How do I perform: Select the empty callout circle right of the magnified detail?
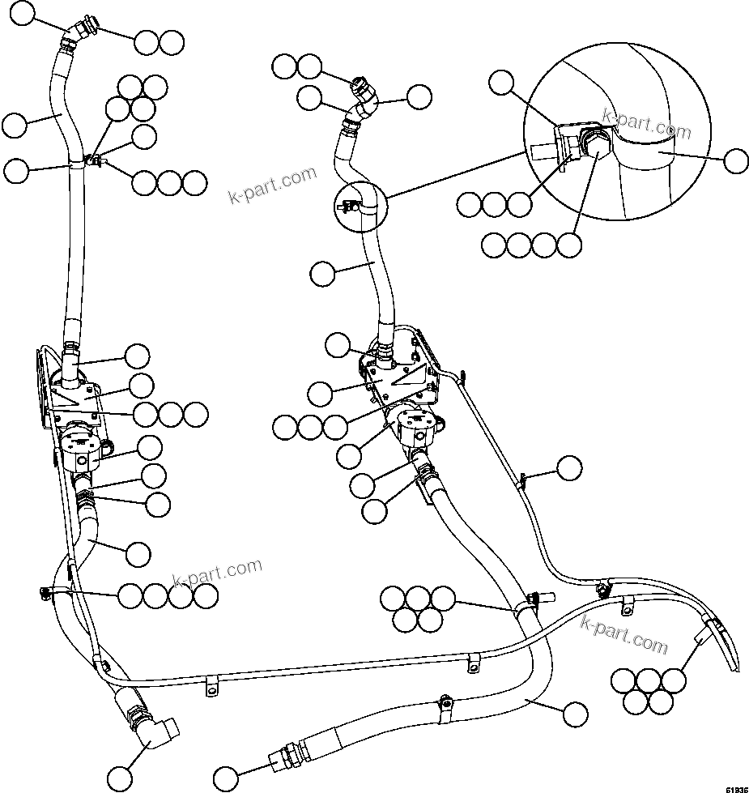735,160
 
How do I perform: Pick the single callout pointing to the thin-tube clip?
569,467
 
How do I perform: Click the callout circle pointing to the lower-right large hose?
574,714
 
